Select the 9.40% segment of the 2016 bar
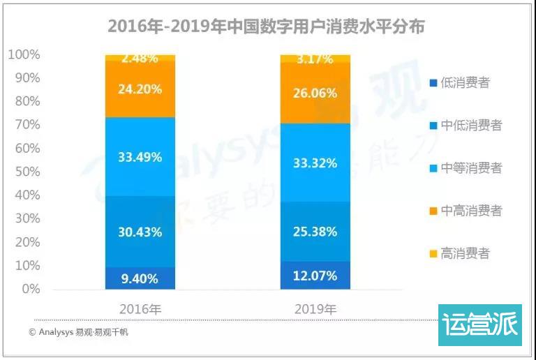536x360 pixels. [x=140, y=278]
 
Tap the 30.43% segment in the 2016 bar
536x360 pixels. [x=140, y=232]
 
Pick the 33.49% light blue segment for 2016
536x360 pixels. [x=140, y=157]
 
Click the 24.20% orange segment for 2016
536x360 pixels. [x=140, y=89]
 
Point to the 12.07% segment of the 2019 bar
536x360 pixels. [x=315, y=276]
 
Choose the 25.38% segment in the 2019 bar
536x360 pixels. [x=315, y=231]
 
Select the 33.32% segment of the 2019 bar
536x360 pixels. [x=315, y=163]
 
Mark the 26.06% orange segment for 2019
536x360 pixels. [x=315, y=93]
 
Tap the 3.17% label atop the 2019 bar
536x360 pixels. [x=315, y=59]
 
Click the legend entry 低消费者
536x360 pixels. [x=464, y=83]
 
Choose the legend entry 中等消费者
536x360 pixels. [x=470, y=168]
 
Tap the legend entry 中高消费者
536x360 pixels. [x=470, y=211]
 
